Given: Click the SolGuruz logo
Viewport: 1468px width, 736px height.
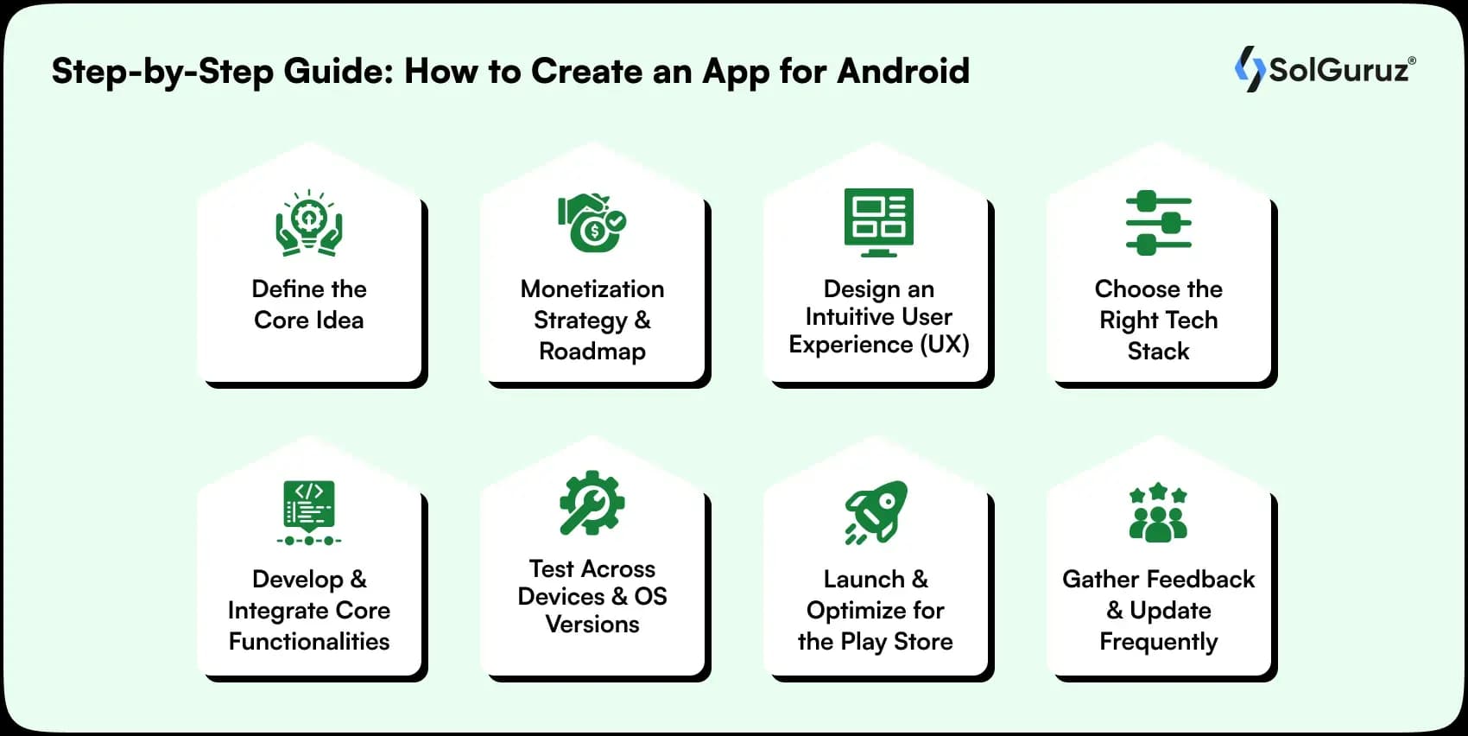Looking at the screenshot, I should (1325, 68).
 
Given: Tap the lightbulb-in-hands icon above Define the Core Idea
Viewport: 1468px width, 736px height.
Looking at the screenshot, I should (309, 224).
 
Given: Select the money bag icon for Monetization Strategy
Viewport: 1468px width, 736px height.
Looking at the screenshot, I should (592, 223).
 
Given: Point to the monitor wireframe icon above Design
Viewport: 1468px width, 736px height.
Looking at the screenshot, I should (878, 222).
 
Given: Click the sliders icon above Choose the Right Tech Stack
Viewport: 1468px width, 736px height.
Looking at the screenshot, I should (1158, 223).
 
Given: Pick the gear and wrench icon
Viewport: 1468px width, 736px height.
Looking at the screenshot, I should (592, 503).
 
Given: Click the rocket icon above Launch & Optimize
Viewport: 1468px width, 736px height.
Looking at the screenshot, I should (876, 511).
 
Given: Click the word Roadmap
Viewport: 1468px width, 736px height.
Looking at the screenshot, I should (592, 352).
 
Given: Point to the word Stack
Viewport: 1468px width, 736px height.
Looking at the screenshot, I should (1158, 352).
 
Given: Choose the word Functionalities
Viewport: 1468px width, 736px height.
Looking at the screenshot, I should (309, 642).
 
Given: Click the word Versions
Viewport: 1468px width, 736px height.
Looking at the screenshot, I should (592, 625).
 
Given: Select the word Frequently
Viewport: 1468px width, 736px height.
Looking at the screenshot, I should (1158, 642).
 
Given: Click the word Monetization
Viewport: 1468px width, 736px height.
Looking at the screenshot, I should (592, 289).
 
